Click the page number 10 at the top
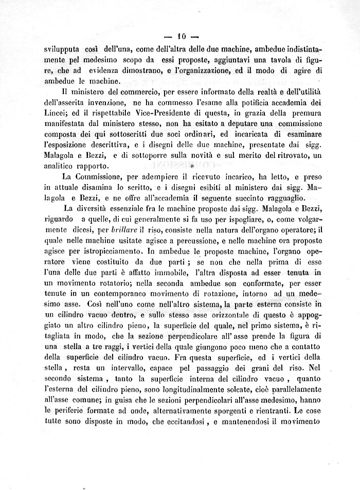[x=181, y=37]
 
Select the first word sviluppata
[x=62, y=50]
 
